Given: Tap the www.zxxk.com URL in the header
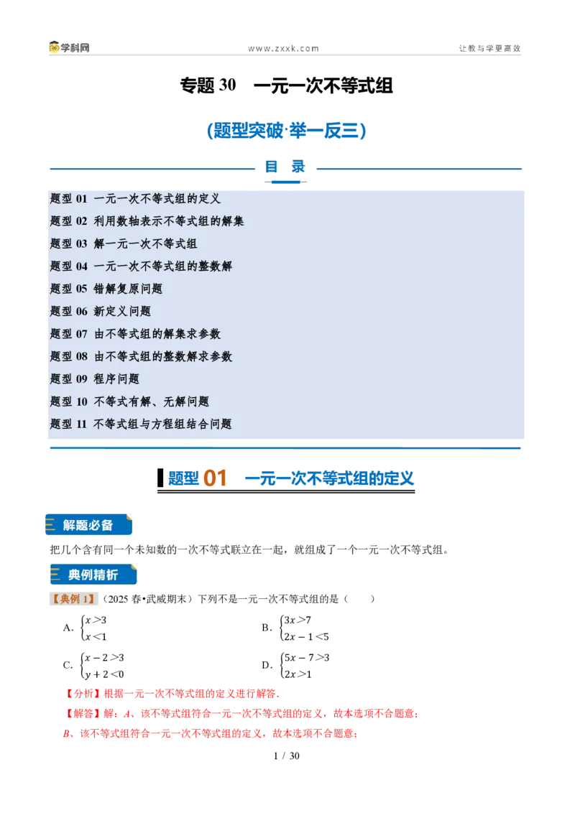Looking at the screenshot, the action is (283, 49).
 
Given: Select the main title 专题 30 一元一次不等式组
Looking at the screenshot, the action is (287, 85).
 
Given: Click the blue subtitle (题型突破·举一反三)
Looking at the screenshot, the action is (287, 130).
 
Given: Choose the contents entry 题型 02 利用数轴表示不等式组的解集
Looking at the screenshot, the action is (147, 221).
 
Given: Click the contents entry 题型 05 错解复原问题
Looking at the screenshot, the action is (106, 289).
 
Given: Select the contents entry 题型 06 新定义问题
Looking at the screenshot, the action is (101, 311).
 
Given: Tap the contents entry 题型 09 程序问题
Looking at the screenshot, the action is (95, 379).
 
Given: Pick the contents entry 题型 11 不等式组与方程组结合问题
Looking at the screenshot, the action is (141, 424).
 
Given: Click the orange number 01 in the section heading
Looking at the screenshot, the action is (215, 478).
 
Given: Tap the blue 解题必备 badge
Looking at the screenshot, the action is (88, 525).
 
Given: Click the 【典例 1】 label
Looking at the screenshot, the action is (73, 599).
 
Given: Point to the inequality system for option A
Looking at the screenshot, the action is (94, 628).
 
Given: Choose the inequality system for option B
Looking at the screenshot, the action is (304, 628).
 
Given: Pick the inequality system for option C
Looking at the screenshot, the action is (102, 666).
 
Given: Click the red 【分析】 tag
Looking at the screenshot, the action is (83, 694).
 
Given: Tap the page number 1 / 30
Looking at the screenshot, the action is (287, 756).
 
